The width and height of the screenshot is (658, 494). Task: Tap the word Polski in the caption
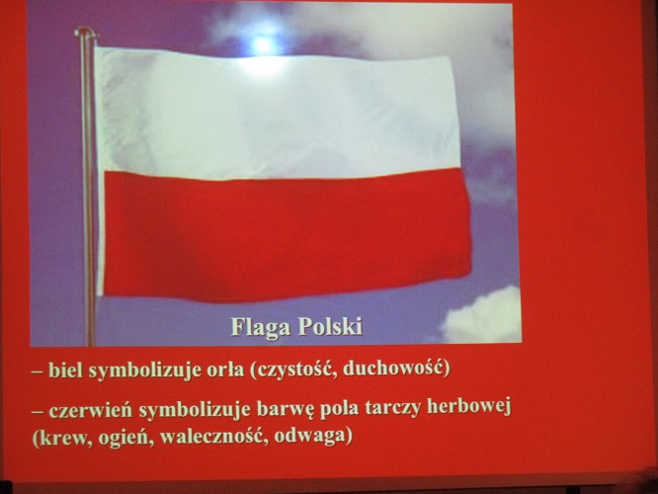330,326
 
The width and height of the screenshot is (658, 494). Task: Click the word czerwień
91,410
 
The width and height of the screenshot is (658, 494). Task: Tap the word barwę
286,410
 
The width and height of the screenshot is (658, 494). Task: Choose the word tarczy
393,409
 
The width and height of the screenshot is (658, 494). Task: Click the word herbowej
468,407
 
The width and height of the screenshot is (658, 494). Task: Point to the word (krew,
62,439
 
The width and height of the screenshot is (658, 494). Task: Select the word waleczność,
214,438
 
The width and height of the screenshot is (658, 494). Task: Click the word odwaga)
313,437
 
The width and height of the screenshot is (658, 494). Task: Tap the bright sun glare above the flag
264,44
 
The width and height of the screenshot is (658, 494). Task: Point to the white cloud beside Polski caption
482,315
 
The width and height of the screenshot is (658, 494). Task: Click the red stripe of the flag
288,235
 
